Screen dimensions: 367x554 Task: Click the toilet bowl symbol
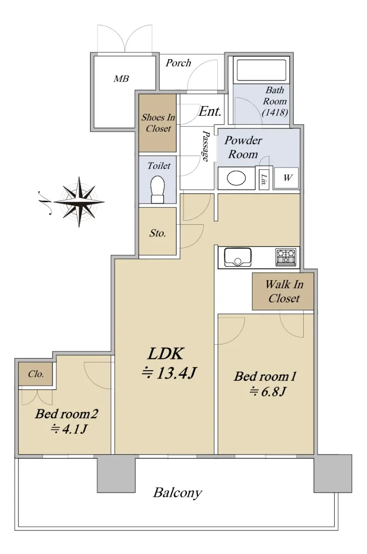click(158, 189)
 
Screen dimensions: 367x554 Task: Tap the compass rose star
click(79, 202)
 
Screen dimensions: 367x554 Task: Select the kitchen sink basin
click(238, 257)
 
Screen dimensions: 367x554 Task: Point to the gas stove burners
click(286, 257)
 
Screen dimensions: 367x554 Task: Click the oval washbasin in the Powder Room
click(236, 178)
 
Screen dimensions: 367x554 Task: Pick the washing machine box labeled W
click(286, 178)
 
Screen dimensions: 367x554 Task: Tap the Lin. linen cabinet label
click(264, 180)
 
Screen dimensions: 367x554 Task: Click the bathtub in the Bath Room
click(261, 70)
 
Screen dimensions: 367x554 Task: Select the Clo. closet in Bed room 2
click(36, 373)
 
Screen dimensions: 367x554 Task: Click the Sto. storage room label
click(158, 233)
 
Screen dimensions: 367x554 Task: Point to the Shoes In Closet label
click(158, 123)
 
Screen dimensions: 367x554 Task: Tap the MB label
click(122, 78)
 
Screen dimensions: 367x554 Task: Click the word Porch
click(178, 63)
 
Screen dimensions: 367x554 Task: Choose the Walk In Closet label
click(284, 291)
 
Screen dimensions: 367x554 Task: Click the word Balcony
click(177, 493)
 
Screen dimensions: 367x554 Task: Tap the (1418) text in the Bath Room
click(275, 113)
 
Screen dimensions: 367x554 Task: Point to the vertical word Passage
click(206, 146)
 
